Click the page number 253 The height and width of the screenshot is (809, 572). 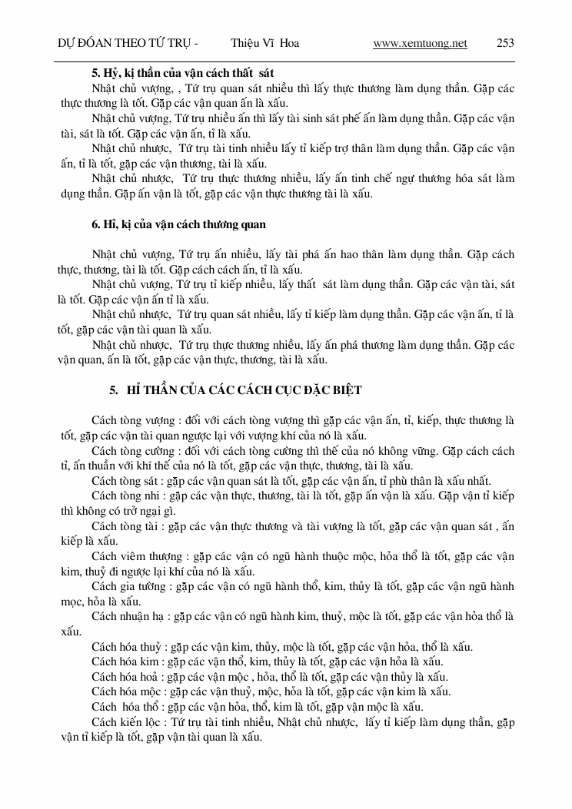coord(505,44)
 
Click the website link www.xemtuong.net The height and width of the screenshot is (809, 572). coord(420,44)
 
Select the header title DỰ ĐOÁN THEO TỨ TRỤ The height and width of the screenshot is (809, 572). coord(124,44)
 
